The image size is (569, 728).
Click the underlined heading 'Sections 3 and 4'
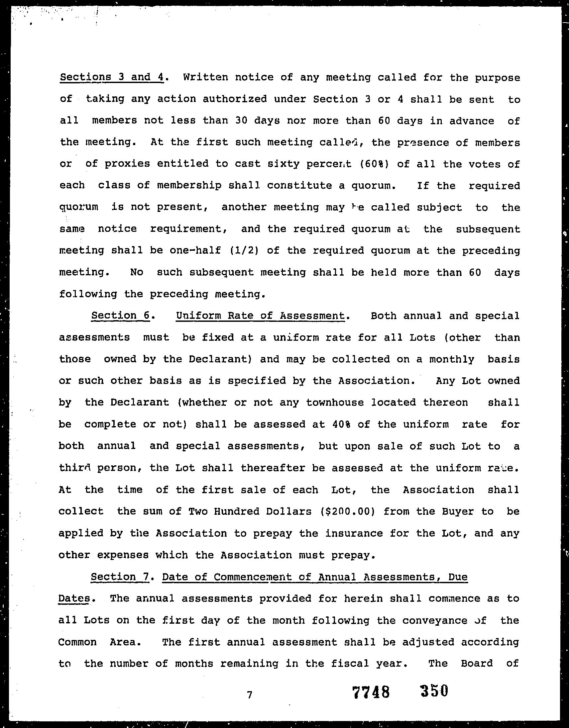[x=112, y=77]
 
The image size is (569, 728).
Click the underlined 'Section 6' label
[x=120, y=315]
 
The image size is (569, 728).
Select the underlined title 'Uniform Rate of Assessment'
[x=260, y=315]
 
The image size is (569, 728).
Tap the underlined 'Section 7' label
[x=120, y=577]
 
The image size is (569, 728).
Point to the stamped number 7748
[x=371, y=692]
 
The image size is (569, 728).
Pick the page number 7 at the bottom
[x=249, y=694]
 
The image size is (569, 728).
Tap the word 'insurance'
[x=354, y=533]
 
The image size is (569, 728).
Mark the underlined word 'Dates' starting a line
[x=74, y=598]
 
